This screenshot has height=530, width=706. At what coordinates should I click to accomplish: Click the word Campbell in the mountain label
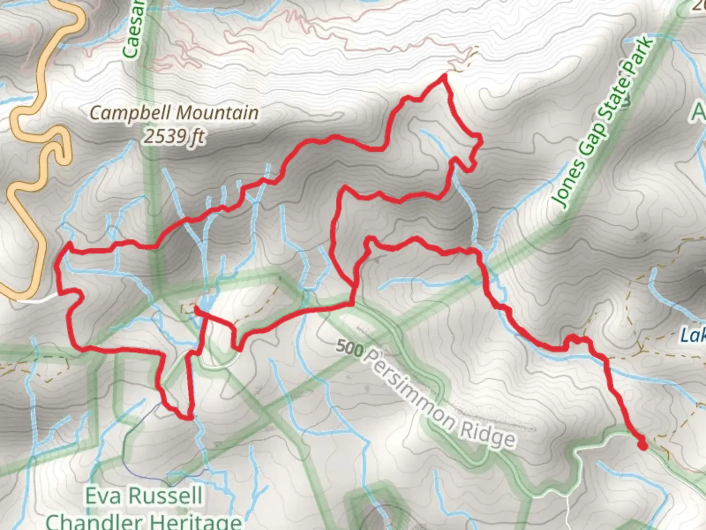[x=130, y=113]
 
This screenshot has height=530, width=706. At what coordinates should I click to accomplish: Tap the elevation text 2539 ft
[x=174, y=136]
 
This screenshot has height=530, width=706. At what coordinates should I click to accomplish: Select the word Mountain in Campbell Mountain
[x=217, y=113]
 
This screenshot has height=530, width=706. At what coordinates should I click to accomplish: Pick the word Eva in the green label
[x=103, y=496]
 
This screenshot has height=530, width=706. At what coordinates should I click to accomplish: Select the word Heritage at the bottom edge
[x=196, y=522]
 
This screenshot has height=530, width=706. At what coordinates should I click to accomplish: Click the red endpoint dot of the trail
[x=642, y=445]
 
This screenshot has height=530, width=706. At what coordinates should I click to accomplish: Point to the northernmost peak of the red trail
[x=444, y=76]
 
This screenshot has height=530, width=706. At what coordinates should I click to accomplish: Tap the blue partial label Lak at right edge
[x=693, y=336]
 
